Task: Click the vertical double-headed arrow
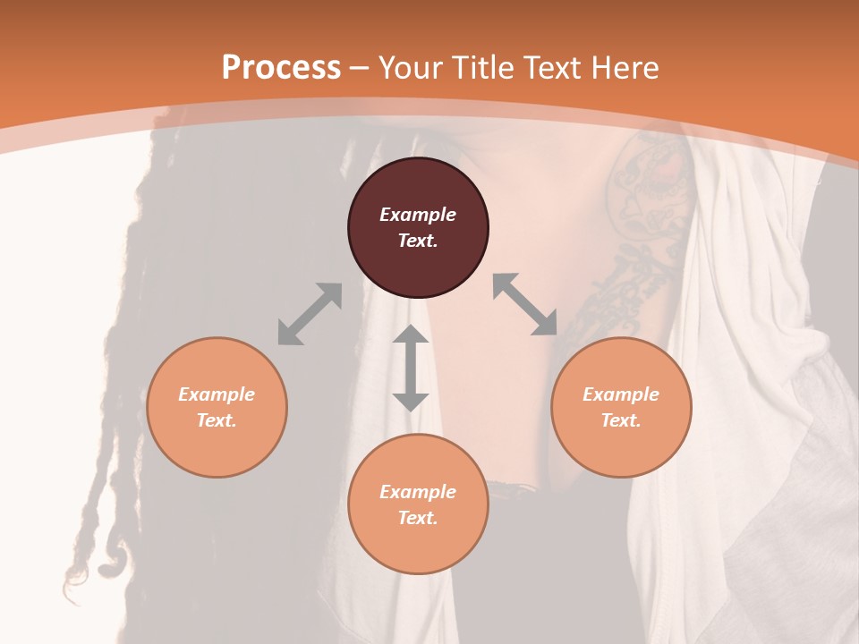point(411,368)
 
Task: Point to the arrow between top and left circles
point(310,314)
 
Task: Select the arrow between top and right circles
point(525,304)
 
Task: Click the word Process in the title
point(281,67)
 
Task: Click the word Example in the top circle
point(418,215)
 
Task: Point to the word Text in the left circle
point(217,420)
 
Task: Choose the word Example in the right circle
point(621,394)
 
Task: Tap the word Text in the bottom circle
point(418,518)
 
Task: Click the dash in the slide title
point(360,68)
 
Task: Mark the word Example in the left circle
point(217,394)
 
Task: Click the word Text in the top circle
point(418,241)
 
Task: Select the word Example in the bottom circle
point(418,492)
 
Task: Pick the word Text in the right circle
point(621,420)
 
